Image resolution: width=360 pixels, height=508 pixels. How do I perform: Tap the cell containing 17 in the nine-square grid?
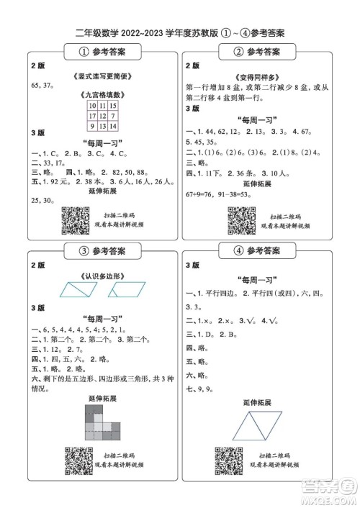92,115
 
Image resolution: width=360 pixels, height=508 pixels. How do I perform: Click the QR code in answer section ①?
76,220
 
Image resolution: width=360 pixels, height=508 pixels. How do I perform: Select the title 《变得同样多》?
257,77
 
